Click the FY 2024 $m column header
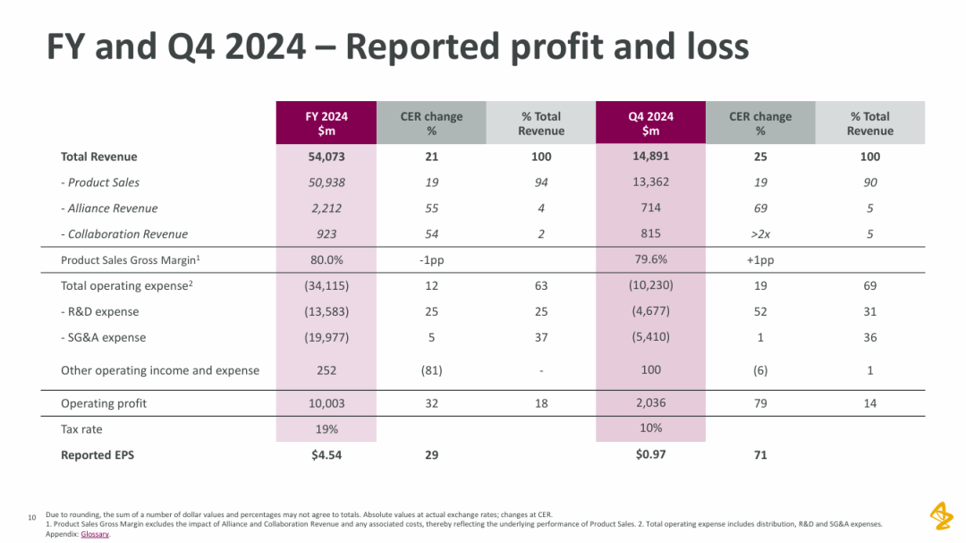click(x=326, y=123)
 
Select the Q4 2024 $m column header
click(x=650, y=123)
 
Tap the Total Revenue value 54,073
click(x=326, y=157)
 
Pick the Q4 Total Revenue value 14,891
click(x=650, y=156)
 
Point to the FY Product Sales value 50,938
click(x=326, y=182)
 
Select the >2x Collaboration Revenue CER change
click(x=760, y=234)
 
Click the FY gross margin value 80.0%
click(x=326, y=260)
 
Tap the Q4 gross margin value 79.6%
click(x=650, y=260)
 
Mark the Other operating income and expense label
click(x=160, y=370)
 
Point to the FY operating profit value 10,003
click(x=326, y=403)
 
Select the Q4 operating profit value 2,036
click(x=650, y=403)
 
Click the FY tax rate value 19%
click(x=326, y=429)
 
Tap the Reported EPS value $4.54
click(x=326, y=455)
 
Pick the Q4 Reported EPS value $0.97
click(x=650, y=454)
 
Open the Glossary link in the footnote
click(x=95, y=534)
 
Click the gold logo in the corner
click(x=941, y=515)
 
